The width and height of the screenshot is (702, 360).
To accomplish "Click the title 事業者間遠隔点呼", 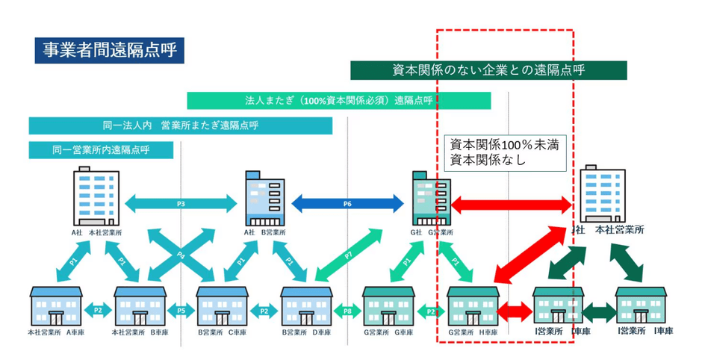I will pos(108,51).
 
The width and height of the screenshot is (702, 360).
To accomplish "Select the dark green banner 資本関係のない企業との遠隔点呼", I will pos(488,70).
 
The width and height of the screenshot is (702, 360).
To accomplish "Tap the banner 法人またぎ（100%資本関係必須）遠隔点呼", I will pos(338,100).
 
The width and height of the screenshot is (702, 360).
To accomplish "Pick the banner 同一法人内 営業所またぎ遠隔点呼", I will pos(180,125).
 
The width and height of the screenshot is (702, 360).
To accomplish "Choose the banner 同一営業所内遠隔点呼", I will pos(101,149).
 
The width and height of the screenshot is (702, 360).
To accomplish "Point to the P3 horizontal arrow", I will pos(181,203).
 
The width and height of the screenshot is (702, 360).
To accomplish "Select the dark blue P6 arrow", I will pos(347,203).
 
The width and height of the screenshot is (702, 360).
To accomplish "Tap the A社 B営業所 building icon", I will pos(264,199).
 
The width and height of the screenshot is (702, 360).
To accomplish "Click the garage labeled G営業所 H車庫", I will pos(472,305).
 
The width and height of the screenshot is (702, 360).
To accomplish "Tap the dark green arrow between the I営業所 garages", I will pos(598,311).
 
